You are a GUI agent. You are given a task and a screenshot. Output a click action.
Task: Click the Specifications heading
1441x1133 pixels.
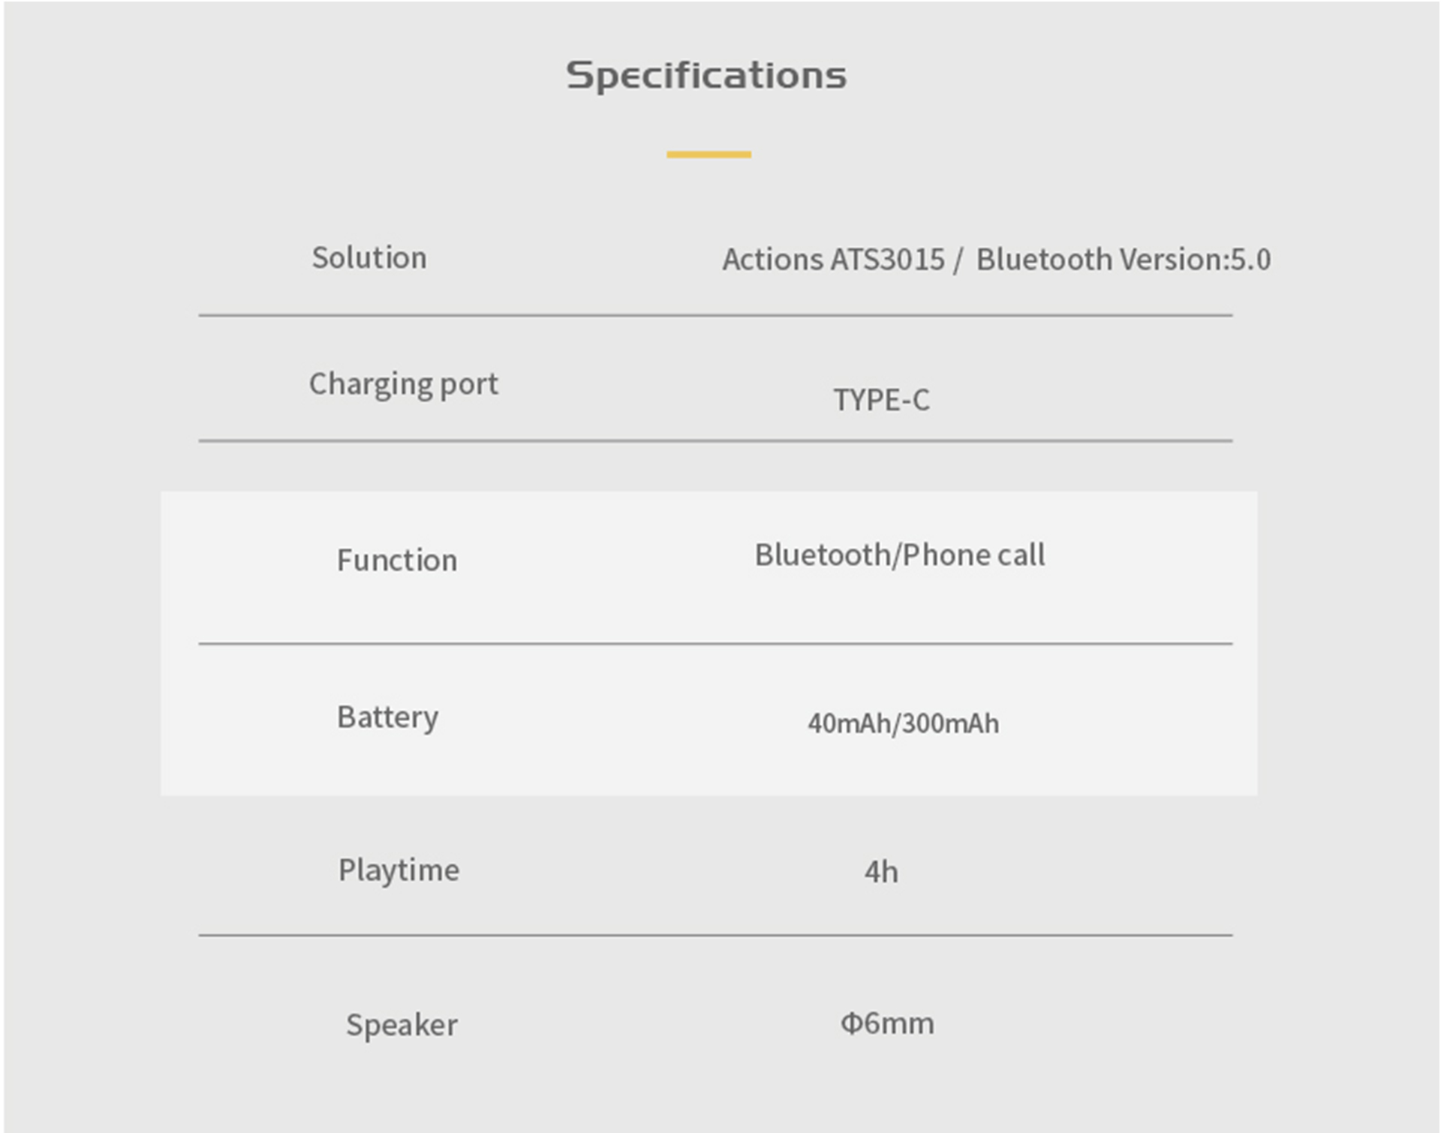[x=706, y=76]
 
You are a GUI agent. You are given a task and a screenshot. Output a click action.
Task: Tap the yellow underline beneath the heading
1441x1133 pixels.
[x=708, y=155]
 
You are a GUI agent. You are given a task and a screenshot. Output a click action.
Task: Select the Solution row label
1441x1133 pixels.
[x=369, y=258]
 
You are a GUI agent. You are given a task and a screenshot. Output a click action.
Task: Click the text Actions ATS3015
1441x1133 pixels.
[x=833, y=260]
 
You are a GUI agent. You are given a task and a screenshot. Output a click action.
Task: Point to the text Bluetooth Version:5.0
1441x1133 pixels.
[x=1124, y=260]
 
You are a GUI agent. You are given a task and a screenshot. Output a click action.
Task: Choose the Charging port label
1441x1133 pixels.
[x=404, y=385]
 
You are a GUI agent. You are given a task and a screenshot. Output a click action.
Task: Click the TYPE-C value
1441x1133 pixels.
[x=881, y=400]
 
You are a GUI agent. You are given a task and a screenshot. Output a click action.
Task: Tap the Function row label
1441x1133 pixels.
[x=397, y=560]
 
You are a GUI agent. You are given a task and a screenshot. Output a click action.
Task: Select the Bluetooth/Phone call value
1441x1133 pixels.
[x=900, y=555]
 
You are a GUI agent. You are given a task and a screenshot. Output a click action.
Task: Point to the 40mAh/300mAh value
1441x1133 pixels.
[x=903, y=723]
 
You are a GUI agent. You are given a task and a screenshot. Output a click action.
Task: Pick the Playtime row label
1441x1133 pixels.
[x=399, y=871]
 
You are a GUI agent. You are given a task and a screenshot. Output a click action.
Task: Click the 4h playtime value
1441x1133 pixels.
[x=881, y=872]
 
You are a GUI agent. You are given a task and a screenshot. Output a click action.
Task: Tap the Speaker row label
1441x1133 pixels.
[x=402, y=1026]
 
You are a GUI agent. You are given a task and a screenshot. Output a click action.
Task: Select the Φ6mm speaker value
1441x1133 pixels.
[x=887, y=1023]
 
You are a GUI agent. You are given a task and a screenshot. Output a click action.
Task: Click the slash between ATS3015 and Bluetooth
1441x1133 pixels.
[x=958, y=260]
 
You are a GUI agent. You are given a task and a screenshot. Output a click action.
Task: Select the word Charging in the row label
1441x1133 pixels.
[x=371, y=385]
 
